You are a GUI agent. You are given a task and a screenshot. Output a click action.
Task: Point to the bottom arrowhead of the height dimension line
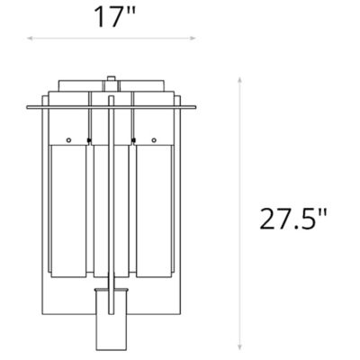(240, 349)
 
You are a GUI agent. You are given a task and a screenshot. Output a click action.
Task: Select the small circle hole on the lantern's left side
(68, 140)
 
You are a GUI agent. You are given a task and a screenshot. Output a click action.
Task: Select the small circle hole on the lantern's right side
(154, 140)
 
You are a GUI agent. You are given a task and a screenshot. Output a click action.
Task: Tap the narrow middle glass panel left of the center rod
(97, 216)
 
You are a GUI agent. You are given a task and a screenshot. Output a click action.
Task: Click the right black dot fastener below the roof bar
(133, 139)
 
